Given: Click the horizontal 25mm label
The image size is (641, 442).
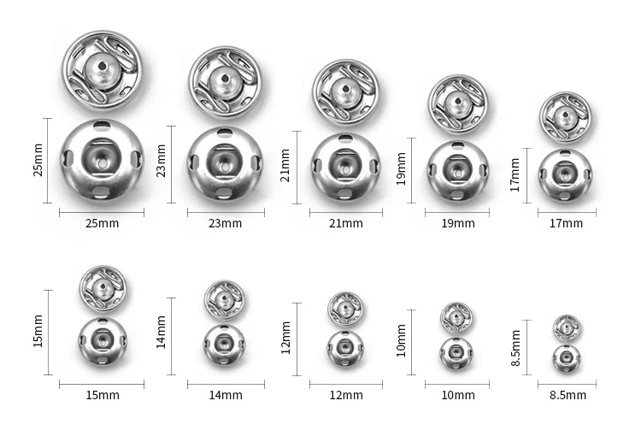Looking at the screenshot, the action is coord(103,223).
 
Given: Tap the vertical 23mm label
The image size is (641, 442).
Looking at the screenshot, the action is coord(162,161).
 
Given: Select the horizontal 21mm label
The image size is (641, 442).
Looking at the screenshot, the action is coord(346,223).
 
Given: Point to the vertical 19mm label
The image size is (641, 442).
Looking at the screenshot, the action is coord(402,168).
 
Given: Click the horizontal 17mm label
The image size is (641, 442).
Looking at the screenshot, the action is coord(566,223).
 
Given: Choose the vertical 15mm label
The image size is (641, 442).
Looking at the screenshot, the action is coord(38,331).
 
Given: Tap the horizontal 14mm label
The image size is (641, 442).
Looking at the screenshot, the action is coord(226,395).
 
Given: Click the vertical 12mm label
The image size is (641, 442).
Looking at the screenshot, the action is coord(285,338).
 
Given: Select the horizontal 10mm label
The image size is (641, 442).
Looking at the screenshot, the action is coord(458,395).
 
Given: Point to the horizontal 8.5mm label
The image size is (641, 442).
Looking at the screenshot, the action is coord(567,395).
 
